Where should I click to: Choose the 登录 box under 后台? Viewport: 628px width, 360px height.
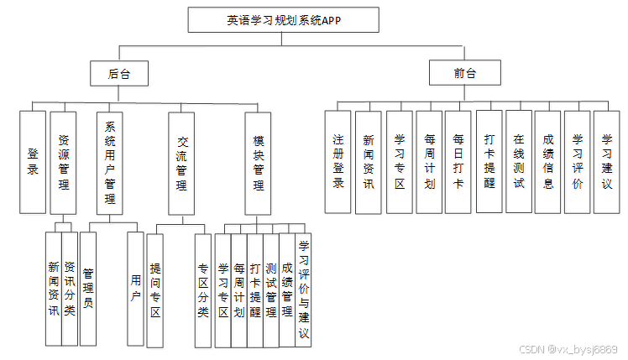33,161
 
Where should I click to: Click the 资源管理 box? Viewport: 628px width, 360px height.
64,161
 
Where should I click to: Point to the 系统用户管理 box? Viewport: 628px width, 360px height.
110,161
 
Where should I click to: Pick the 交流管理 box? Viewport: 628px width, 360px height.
181,161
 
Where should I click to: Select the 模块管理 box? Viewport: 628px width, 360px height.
259,161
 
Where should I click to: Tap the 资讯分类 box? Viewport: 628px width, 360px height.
70,288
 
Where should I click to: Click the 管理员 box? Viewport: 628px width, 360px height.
87,288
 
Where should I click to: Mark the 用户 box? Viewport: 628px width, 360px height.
136,288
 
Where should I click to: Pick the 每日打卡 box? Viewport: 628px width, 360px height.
458,161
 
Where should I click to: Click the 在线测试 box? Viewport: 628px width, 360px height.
519,161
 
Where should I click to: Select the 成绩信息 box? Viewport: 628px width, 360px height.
548,161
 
